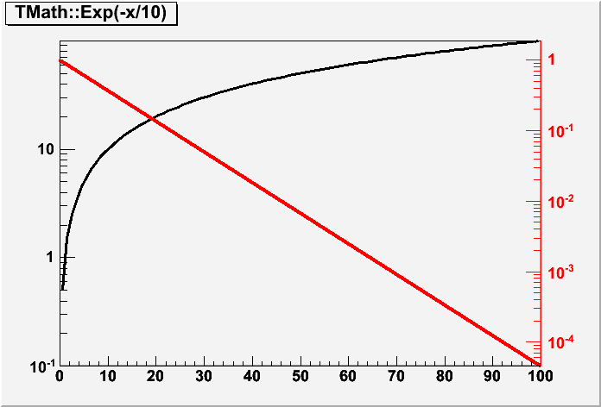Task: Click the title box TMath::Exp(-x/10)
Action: coord(90,16)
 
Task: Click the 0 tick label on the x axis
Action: coord(60,376)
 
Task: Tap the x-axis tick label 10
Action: coord(107,376)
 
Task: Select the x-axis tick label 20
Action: coord(155,376)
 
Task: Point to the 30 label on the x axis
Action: coord(204,376)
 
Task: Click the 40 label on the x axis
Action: coord(251,376)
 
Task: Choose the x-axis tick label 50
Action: coord(300,376)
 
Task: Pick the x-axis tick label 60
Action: coord(347,376)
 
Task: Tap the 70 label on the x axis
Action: coord(395,376)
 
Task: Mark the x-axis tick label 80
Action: coord(443,376)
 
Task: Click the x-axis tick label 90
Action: coord(491,376)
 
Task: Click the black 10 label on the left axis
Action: coord(44,150)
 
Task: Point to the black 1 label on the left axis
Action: coord(49,258)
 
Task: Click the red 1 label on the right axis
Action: coord(553,60)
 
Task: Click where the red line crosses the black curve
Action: coord(153,118)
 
